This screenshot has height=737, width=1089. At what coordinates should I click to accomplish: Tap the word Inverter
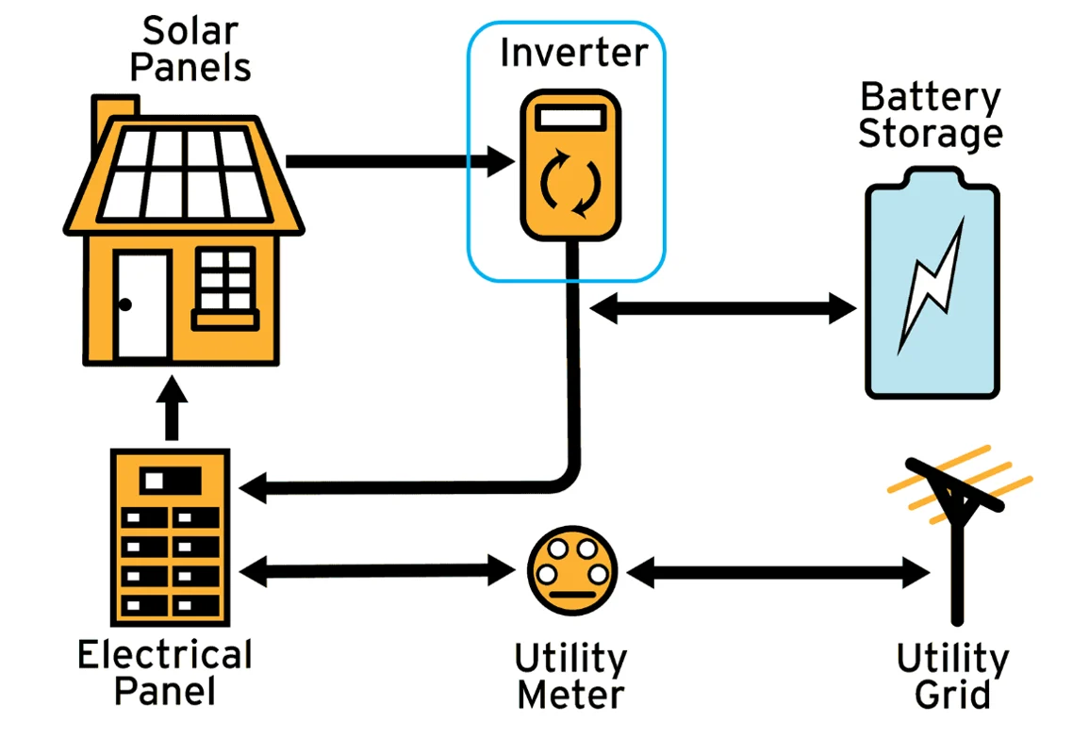click(573, 53)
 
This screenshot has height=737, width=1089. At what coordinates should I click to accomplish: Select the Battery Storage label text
click(930, 116)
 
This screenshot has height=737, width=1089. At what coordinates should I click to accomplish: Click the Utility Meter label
click(570, 677)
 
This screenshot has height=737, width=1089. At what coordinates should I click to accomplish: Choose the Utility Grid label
click(952, 677)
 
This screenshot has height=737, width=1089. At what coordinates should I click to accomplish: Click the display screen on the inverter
click(569, 120)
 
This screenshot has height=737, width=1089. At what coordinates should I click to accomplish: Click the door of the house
click(142, 304)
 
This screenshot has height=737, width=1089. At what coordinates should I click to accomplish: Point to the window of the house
click(225, 280)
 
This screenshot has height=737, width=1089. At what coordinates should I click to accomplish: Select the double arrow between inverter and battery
click(722, 307)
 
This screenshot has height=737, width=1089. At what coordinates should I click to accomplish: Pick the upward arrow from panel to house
click(171, 408)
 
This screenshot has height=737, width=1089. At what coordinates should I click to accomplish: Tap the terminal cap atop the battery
click(932, 176)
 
